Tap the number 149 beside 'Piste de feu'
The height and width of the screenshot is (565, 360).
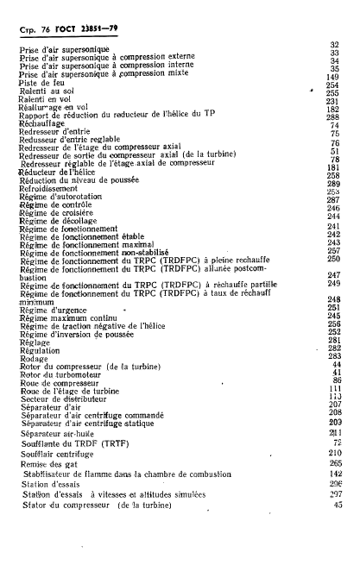tap(335, 76)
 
